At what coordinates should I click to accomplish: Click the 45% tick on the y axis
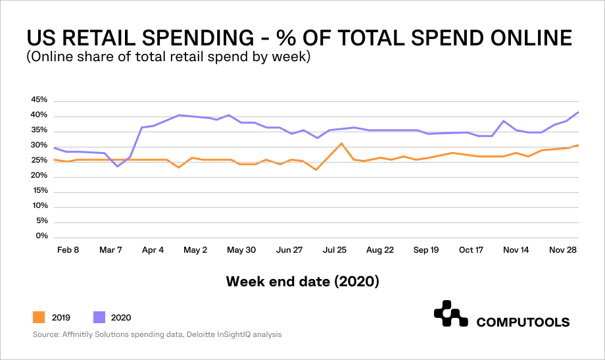pos(39,100)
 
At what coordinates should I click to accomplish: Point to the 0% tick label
pos(42,236)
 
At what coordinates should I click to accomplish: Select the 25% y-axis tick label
pos(39,161)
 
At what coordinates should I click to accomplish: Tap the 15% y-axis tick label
pos(39,191)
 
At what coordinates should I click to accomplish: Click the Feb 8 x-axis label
pos(67,250)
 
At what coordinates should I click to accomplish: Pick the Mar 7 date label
pos(110,250)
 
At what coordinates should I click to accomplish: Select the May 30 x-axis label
pos(241,250)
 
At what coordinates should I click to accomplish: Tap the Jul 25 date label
pos(334,250)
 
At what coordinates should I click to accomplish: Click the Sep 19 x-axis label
pos(425,250)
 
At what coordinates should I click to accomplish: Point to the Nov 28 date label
pos(563,250)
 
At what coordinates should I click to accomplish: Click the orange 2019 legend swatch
pos(38,318)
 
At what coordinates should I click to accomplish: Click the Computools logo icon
pos(450,315)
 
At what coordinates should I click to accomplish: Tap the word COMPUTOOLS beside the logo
pos(523,322)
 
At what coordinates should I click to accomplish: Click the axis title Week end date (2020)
pos(302,282)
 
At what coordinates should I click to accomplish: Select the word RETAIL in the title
pos(113,38)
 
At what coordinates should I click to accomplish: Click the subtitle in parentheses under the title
pos(168,57)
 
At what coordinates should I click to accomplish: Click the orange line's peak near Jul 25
pos(341,143)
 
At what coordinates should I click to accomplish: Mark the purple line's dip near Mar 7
pos(118,167)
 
